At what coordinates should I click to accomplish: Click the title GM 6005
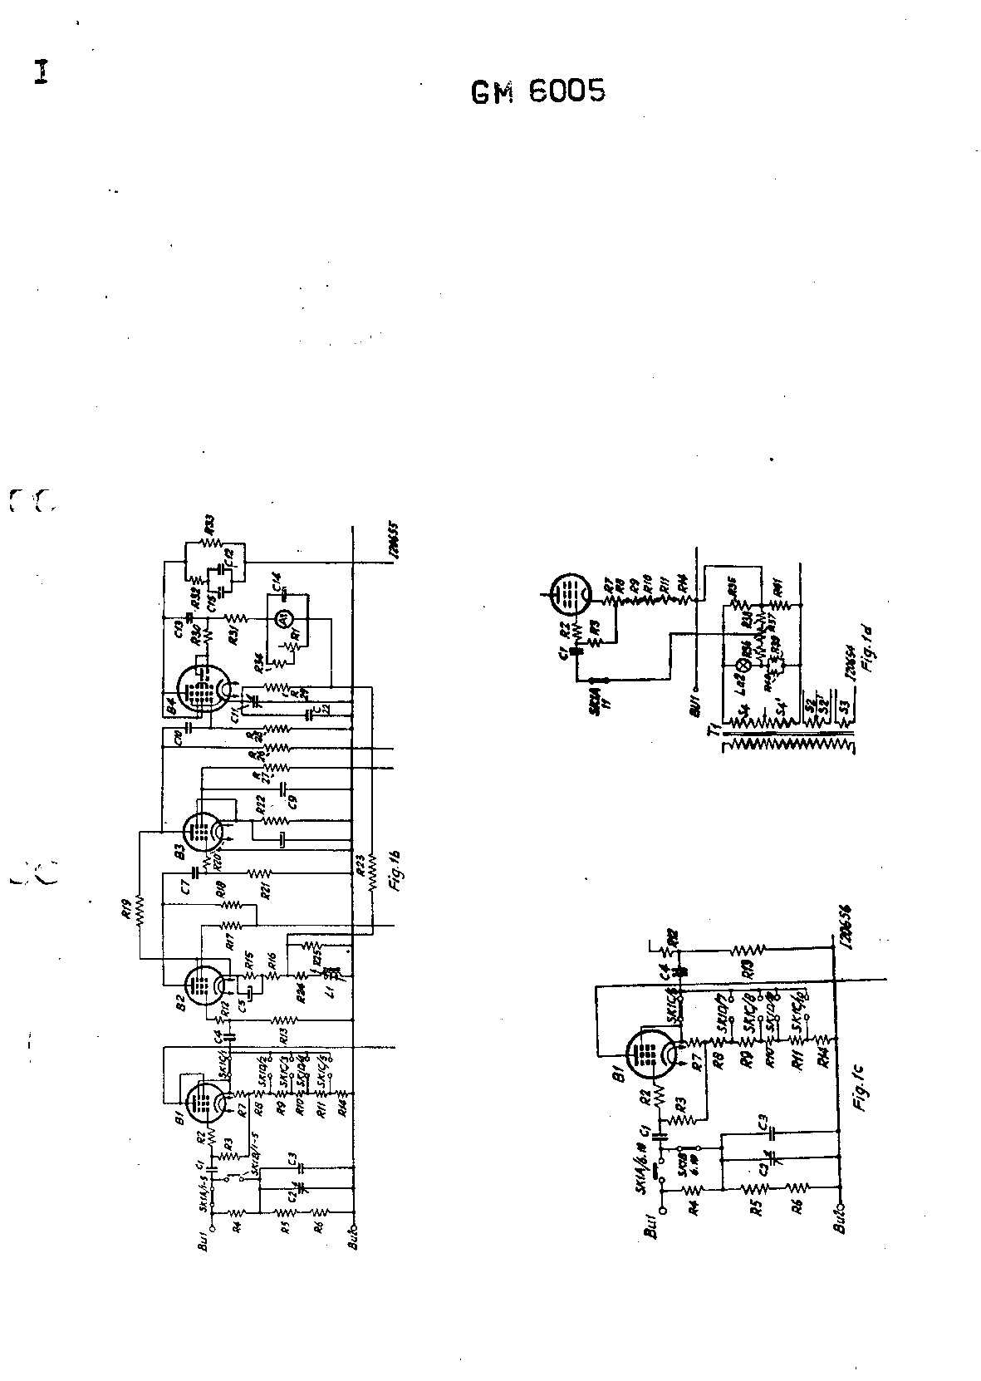point(537,91)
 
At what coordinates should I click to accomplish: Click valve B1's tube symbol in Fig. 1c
point(650,1054)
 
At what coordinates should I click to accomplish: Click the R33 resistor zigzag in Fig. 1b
point(210,544)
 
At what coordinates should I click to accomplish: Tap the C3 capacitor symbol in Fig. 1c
point(772,1132)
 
